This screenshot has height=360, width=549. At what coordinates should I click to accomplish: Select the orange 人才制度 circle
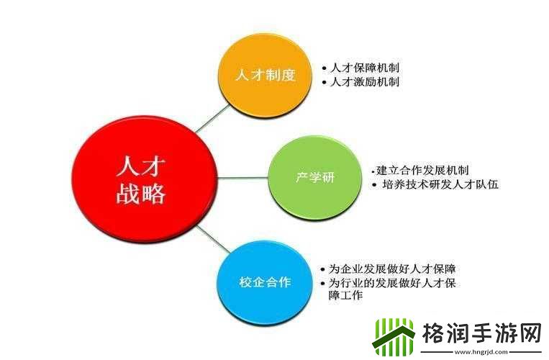pyautogui.click(x=266, y=75)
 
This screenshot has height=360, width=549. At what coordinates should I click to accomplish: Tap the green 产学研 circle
pyautogui.click(x=315, y=178)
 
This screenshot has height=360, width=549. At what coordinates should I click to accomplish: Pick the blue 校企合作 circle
pyautogui.click(x=265, y=282)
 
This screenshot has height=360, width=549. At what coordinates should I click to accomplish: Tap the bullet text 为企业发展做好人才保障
pyautogui.click(x=392, y=269)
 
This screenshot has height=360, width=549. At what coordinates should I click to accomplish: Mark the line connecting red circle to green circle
pyautogui.click(x=242, y=177)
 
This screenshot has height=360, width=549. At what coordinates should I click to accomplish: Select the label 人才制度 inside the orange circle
pyautogui.click(x=266, y=76)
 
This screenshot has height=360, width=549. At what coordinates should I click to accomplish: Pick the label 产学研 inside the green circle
pyautogui.click(x=315, y=179)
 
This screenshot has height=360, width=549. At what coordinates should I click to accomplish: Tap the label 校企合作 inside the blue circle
pyautogui.click(x=265, y=282)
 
